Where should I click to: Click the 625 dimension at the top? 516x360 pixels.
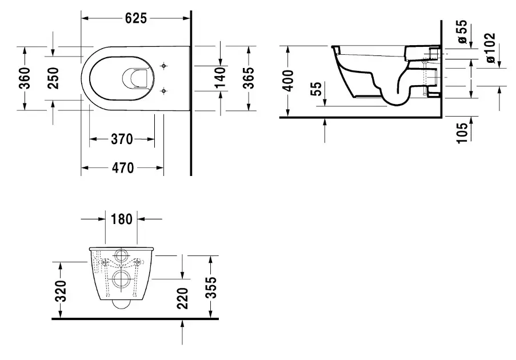(x=136, y=18)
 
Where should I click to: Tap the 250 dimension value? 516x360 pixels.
(x=53, y=78)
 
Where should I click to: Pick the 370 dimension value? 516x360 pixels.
(x=122, y=139)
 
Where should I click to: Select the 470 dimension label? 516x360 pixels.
(x=122, y=167)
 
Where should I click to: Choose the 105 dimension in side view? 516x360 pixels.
(x=463, y=131)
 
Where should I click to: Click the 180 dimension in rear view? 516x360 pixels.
(x=121, y=218)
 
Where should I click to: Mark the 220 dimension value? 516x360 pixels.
(x=183, y=298)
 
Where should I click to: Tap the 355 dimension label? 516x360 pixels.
(x=211, y=287)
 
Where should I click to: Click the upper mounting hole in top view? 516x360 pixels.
(x=165, y=66)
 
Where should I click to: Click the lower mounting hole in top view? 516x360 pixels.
(x=165, y=90)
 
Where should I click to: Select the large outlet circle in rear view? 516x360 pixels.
(x=122, y=279)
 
